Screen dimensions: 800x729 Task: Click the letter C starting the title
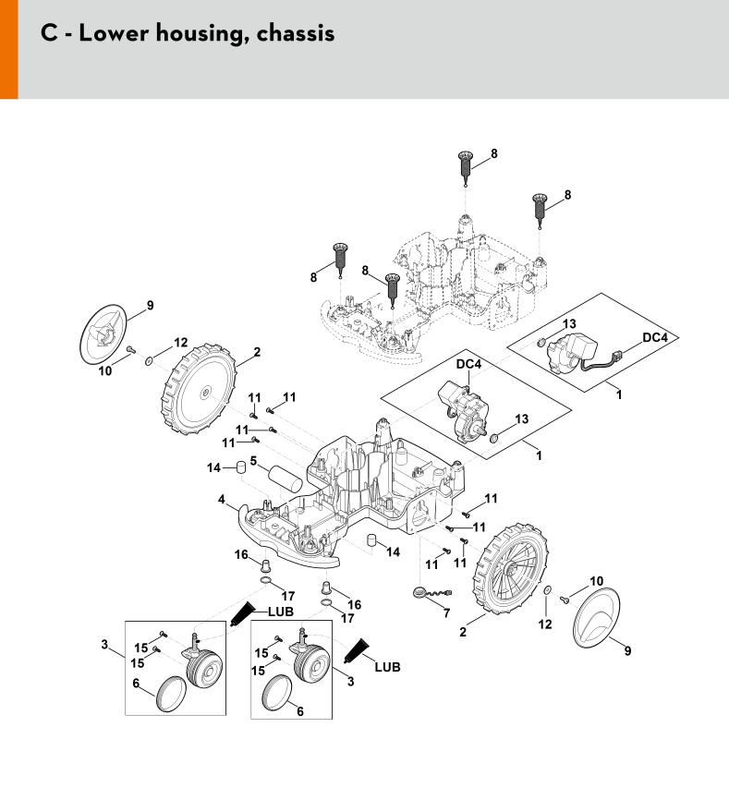[x=51, y=32]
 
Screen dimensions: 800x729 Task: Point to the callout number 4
[x=222, y=499]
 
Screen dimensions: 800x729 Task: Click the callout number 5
[x=252, y=460]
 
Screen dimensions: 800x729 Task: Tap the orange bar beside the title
[x=8, y=49]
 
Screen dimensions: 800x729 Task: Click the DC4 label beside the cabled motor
[x=654, y=338]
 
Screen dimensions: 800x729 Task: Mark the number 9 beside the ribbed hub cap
[x=150, y=306]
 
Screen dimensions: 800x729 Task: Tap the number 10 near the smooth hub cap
[x=597, y=580]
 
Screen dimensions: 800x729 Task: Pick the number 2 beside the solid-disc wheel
[x=257, y=351]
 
